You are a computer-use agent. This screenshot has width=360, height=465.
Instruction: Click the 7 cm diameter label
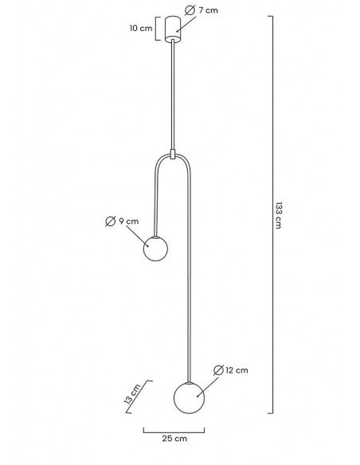pyautogui.click(x=208, y=10)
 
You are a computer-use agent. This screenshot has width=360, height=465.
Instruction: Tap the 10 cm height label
pyautogui.click(x=141, y=28)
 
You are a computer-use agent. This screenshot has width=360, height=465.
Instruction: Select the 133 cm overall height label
pyautogui.click(x=279, y=215)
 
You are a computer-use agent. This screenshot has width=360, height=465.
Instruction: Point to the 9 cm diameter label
pyautogui.click(x=129, y=221)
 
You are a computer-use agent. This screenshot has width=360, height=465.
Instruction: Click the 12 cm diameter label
pyautogui.click(x=237, y=370)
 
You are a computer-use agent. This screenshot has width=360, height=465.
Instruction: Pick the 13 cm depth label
pyautogui.click(x=132, y=394)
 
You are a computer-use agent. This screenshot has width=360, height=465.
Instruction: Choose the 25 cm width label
pyautogui.click(x=174, y=438)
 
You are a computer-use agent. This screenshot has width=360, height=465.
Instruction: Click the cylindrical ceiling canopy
pyautogui.click(x=173, y=29)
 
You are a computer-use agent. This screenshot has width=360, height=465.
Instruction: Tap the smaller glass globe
pyautogui.click(x=155, y=248)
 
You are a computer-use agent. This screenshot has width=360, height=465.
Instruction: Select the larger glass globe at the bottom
pyautogui.click(x=190, y=398)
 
